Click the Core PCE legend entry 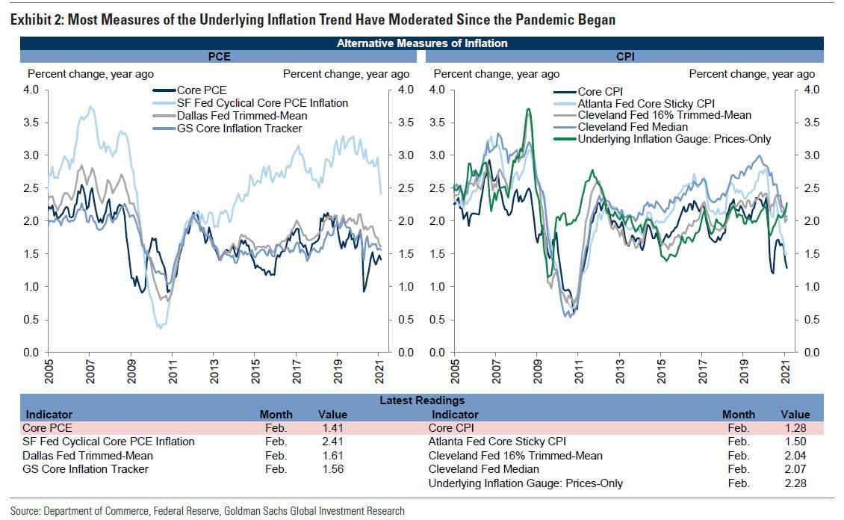(201, 90)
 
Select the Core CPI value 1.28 (795, 428)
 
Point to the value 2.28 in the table (795, 483)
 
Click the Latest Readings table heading (421, 401)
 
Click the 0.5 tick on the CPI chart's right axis (810, 320)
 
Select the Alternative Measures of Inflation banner (421, 43)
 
